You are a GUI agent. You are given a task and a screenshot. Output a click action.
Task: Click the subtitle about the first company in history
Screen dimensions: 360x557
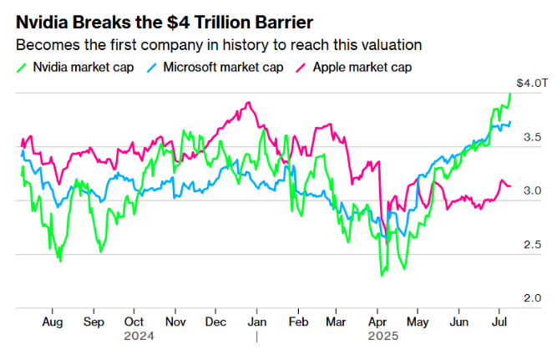[x=218, y=43]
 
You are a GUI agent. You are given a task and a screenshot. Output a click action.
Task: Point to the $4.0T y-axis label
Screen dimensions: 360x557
[x=532, y=83]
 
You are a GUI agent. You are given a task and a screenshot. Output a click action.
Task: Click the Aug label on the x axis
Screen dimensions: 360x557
[x=53, y=321]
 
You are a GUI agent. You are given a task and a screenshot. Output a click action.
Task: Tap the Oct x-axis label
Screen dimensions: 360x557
[x=134, y=321]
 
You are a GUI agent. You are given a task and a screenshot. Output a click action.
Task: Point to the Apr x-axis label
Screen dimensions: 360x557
[x=377, y=321]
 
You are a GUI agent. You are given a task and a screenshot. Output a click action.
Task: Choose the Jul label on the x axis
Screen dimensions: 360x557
[x=500, y=321]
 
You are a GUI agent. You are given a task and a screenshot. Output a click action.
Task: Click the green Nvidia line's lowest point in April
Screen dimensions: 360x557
[x=382, y=275]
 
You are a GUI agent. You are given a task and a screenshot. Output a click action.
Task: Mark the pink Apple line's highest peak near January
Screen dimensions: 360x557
[x=248, y=103]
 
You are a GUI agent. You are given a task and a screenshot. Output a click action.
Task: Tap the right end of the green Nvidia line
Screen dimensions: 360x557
[x=510, y=94]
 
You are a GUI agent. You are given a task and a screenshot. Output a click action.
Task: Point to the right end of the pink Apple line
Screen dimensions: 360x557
[x=510, y=185]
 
